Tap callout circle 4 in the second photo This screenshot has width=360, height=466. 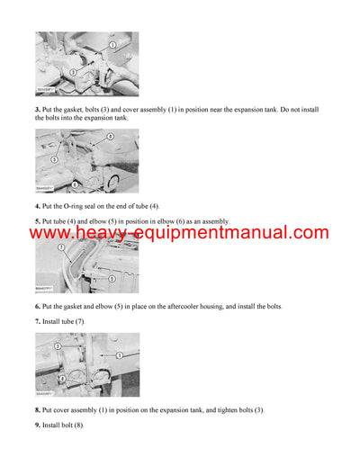[110, 138]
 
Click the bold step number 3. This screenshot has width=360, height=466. [38, 109]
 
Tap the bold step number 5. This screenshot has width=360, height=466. [38, 220]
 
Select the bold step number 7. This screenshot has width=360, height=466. [38, 321]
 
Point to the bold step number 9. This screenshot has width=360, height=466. [38, 425]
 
